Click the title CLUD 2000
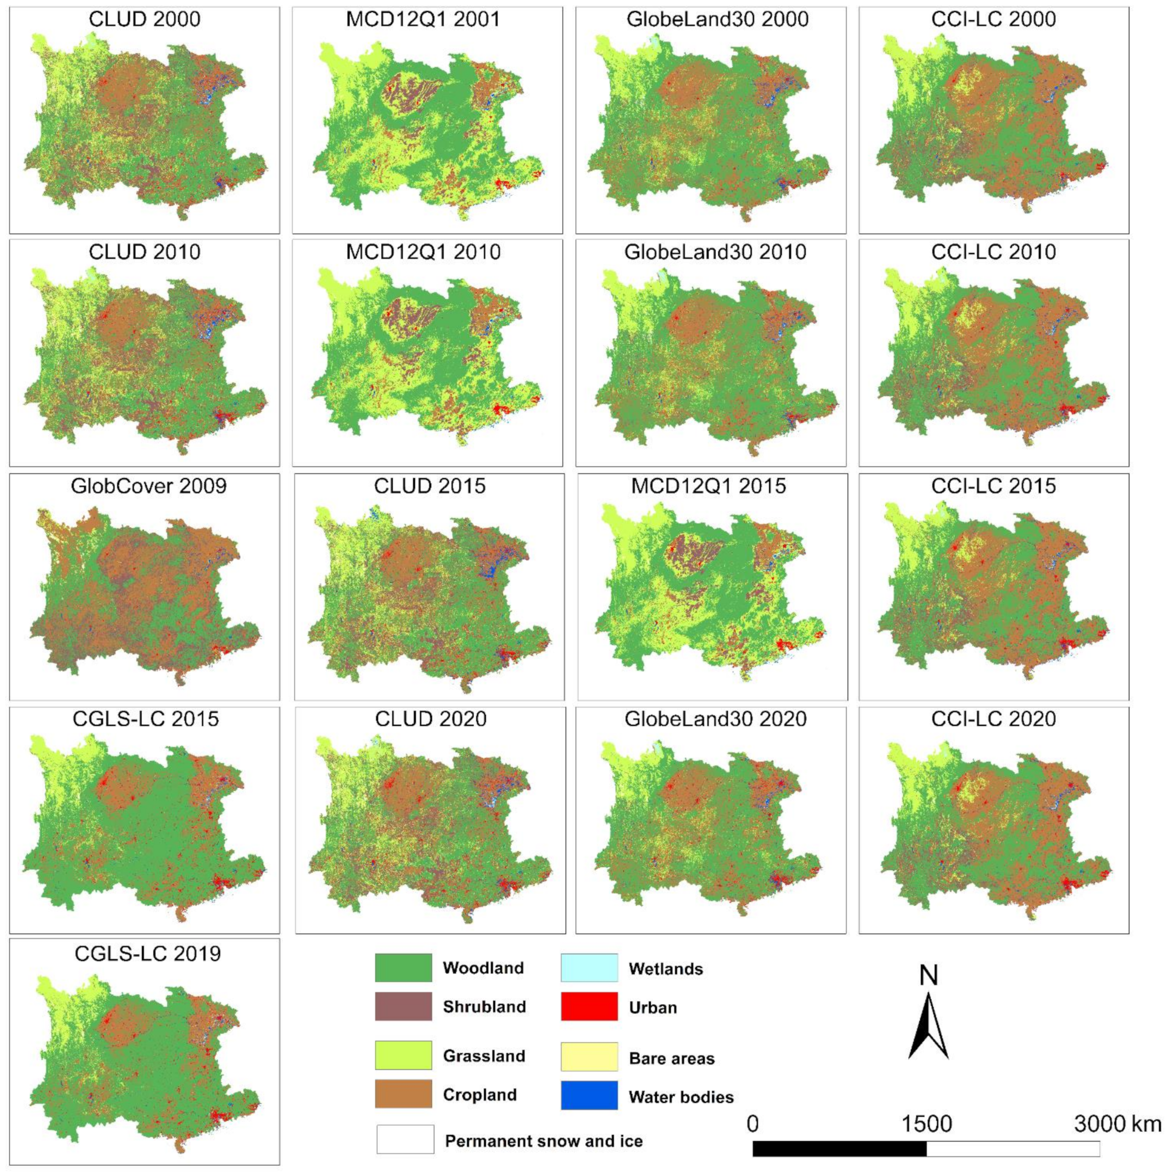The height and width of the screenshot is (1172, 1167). [x=144, y=20]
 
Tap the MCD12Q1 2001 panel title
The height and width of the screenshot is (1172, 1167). [x=423, y=20]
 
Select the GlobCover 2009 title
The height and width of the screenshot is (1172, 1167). [x=149, y=486]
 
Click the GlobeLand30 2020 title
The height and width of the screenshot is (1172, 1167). [x=715, y=719]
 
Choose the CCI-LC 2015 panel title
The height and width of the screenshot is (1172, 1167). [x=993, y=486]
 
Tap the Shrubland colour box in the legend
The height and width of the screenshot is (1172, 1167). [x=403, y=1006]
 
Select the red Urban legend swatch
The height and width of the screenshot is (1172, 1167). [x=589, y=1007]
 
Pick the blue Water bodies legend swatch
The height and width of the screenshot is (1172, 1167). [x=589, y=1096]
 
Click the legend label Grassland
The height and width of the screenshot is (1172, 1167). [x=484, y=1056]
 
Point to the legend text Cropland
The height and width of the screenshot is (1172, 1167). [x=480, y=1095]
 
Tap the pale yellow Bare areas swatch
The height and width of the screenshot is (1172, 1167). [x=589, y=1057]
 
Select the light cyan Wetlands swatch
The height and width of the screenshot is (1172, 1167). [x=589, y=968]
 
